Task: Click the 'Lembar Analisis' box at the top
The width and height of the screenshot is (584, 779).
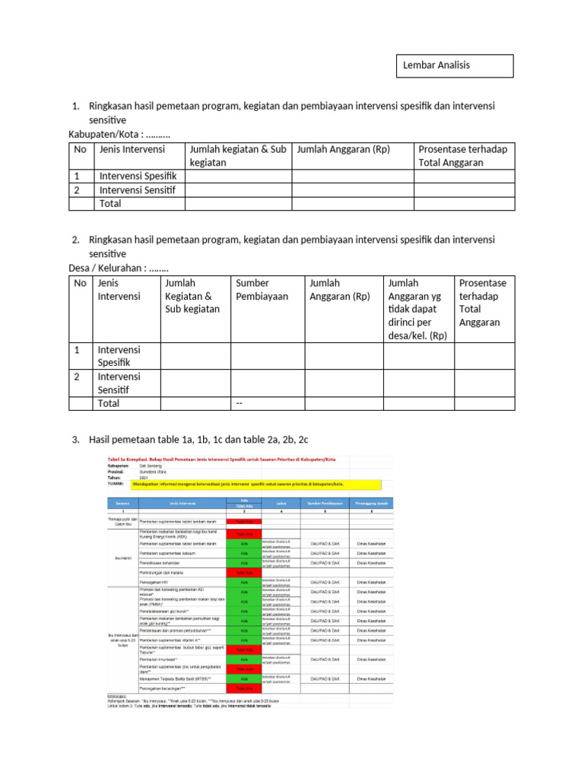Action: (456, 65)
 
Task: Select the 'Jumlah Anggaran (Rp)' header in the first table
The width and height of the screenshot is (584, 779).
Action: (343, 149)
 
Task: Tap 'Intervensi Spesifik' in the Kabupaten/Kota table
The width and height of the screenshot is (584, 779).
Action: (138, 176)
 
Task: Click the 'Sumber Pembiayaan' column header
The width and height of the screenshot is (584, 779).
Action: (262, 290)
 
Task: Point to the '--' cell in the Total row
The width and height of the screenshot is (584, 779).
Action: (240, 403)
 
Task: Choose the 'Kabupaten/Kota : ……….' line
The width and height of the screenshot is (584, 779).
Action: (119, 135)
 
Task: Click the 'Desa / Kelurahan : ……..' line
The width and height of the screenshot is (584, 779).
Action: (119, 268)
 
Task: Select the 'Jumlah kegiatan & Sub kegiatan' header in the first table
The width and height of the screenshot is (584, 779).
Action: (238, 156)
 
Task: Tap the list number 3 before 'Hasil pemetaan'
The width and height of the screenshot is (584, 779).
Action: (76, 440)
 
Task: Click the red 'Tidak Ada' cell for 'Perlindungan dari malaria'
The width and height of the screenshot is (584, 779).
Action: (244, 573)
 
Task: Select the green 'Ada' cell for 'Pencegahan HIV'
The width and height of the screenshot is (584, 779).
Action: (244, 582)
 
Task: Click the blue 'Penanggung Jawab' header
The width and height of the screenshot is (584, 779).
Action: (370, 504)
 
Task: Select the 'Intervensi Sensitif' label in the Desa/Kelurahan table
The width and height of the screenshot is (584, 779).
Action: (119, 383)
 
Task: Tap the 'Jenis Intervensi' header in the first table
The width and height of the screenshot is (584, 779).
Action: (127, 149)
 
